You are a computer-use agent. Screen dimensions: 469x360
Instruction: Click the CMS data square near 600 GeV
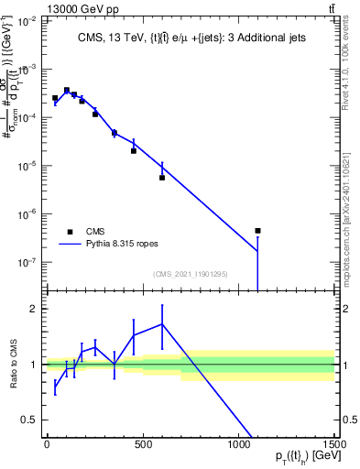coord(162,178)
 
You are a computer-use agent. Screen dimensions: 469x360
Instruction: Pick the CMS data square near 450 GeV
coord(134,150)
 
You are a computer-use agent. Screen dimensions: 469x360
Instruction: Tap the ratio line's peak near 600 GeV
coord(162,324)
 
